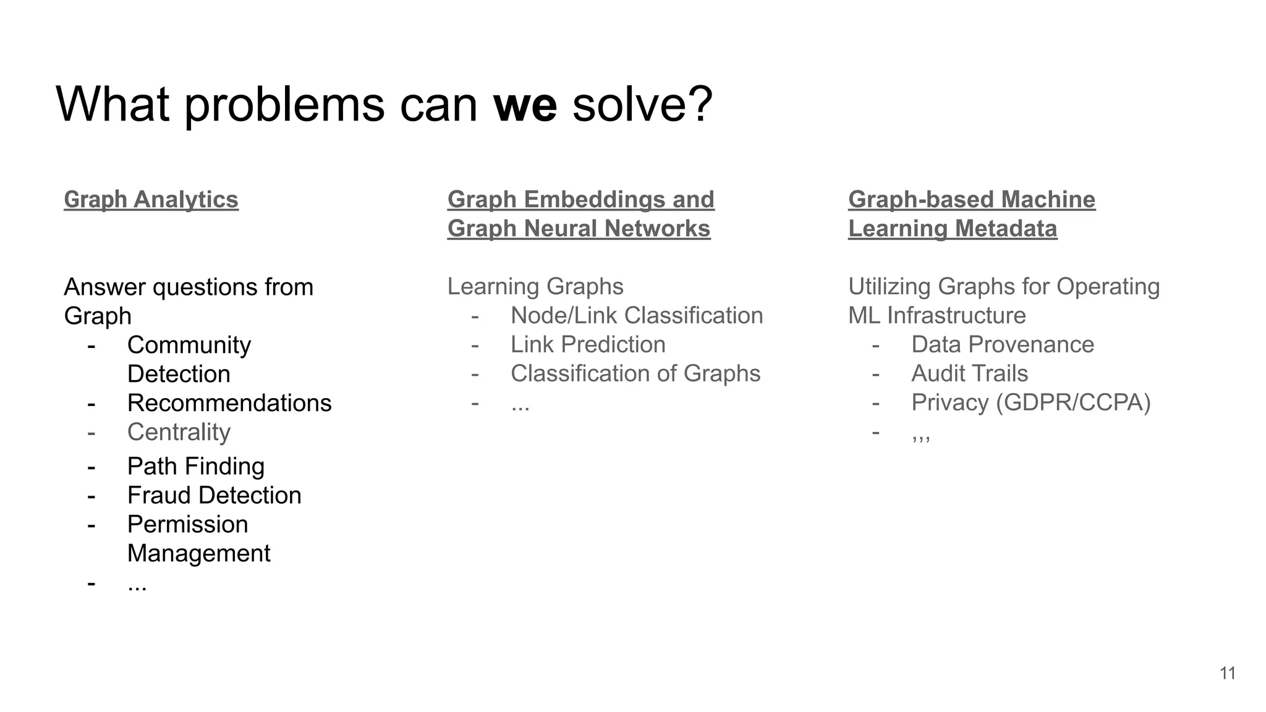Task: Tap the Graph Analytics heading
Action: click(x=151, y=200)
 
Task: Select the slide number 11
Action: click(x=1228, y=673)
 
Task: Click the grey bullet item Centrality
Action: click(x=179, y=432)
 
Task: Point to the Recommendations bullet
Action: click(x=229, y=403)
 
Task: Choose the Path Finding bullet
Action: click(x=195, y=466)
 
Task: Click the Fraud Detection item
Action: click(x=214, y=495)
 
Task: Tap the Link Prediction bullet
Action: click(x=588, y=344)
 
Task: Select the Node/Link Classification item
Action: click(x=637, y=315)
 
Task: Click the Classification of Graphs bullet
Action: click(x=635, y=373)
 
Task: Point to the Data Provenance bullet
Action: click(x=1002, y=344)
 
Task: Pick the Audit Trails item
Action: click(x=969, y=373)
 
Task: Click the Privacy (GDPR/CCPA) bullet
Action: click(x=1030, y=402)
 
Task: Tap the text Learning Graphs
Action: click(x=535, y=286)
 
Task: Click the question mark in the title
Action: click(x=700, y=105)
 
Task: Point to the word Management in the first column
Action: click(x=198, y=553)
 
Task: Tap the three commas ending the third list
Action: click(x=920, y=437)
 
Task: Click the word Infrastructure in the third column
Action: click(x=956, y=315)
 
